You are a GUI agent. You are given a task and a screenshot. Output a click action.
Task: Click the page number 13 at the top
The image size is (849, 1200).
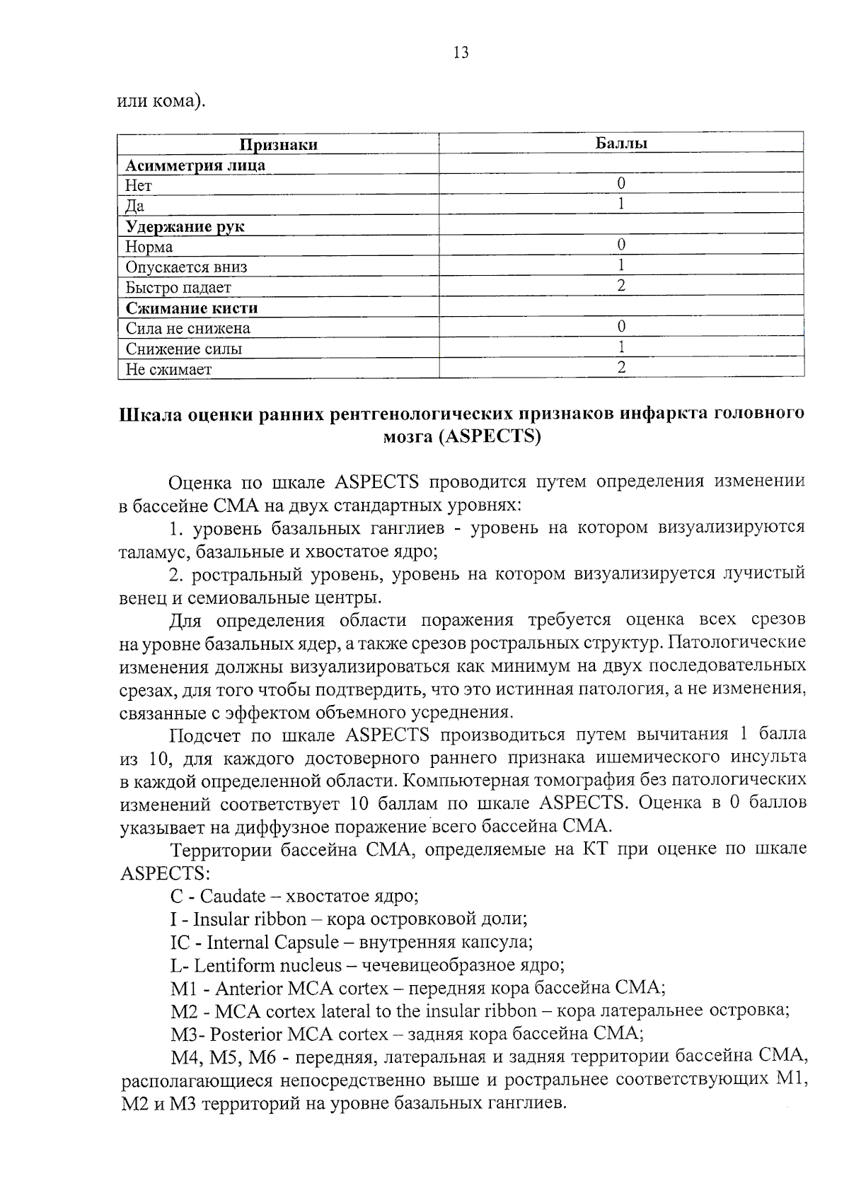(x=461, y=53)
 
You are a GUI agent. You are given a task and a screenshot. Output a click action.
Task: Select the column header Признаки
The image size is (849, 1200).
(x=278, y=145)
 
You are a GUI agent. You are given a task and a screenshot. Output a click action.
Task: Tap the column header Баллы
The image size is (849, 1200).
(x=620, y=143)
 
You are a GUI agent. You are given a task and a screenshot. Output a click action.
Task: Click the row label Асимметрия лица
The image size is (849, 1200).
(x=195, y=165)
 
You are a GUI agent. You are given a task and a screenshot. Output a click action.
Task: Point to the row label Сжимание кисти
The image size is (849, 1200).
(x=191, y=308)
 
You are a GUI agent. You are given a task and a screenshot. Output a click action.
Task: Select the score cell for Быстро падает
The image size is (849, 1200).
(x=620, y=286)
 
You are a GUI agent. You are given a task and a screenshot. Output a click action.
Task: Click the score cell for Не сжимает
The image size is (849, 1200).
(x=620, y=367)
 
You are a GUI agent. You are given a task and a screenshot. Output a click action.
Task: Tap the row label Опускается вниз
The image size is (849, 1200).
(x=186, y=267)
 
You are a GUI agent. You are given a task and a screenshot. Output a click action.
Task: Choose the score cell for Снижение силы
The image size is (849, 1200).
(x=620, y=346)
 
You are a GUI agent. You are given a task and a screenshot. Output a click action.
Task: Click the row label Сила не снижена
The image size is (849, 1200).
(x=187, y=328)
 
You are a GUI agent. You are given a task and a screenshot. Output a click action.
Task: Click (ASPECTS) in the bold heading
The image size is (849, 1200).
(x=490, y=436)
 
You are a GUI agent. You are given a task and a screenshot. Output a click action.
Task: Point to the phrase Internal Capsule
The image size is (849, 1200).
(x=272, y=943)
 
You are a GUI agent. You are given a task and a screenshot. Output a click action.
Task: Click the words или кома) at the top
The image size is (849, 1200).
(x=161, y=101)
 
